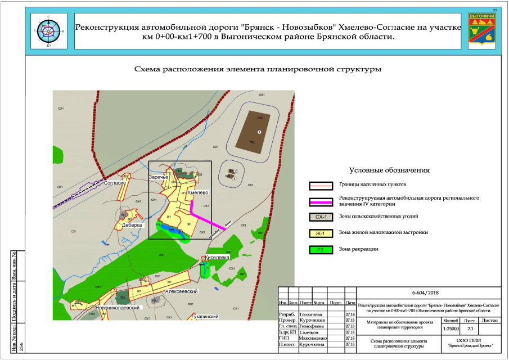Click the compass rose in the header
point(48,31)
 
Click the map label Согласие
point(115,183)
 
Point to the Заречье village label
point(159,178)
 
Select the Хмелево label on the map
point(197,192)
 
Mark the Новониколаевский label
point(118,308)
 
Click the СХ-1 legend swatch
point(321,217)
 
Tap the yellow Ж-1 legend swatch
point(321,232)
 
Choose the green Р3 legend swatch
point(321,249)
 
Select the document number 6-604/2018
point(425,292)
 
